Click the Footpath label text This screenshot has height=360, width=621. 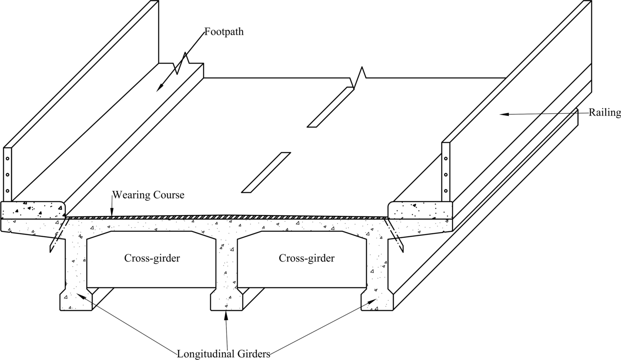click(224, 32)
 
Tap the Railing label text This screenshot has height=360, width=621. click(605, 113)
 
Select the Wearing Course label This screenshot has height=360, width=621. click(148, 194)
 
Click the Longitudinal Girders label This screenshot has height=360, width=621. click(224, 354)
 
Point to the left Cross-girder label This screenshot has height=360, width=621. click(152, 258)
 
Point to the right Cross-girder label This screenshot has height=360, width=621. click(306, 258)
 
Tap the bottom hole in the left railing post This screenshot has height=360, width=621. click(7, 191)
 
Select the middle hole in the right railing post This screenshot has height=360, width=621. click(446, 175)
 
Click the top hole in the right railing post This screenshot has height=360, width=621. click(446, 158)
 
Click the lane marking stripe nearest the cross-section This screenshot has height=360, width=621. click(266, 172)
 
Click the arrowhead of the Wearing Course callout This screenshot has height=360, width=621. click(111, 214)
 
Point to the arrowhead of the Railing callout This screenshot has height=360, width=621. click(502, 114)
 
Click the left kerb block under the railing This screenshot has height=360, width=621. click(32, 210)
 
